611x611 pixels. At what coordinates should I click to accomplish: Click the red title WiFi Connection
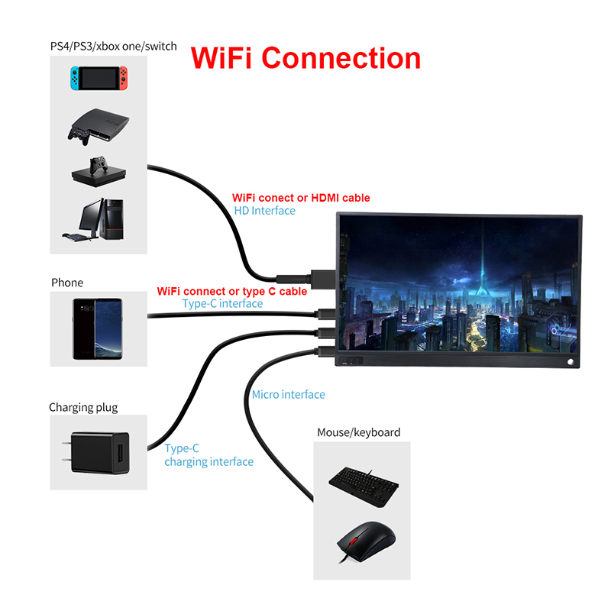305,59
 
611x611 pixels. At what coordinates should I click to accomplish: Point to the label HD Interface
264,211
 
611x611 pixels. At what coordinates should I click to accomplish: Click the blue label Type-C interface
222,304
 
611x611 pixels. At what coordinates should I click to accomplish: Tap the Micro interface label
288,395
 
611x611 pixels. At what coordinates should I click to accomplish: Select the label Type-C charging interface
209,455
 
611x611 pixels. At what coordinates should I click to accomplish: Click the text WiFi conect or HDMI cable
301,198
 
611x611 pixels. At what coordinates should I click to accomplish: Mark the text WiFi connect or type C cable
232,291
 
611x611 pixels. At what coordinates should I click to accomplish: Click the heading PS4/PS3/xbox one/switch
113,47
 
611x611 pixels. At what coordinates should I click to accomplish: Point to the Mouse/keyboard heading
358,432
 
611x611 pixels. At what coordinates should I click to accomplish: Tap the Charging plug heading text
83,407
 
